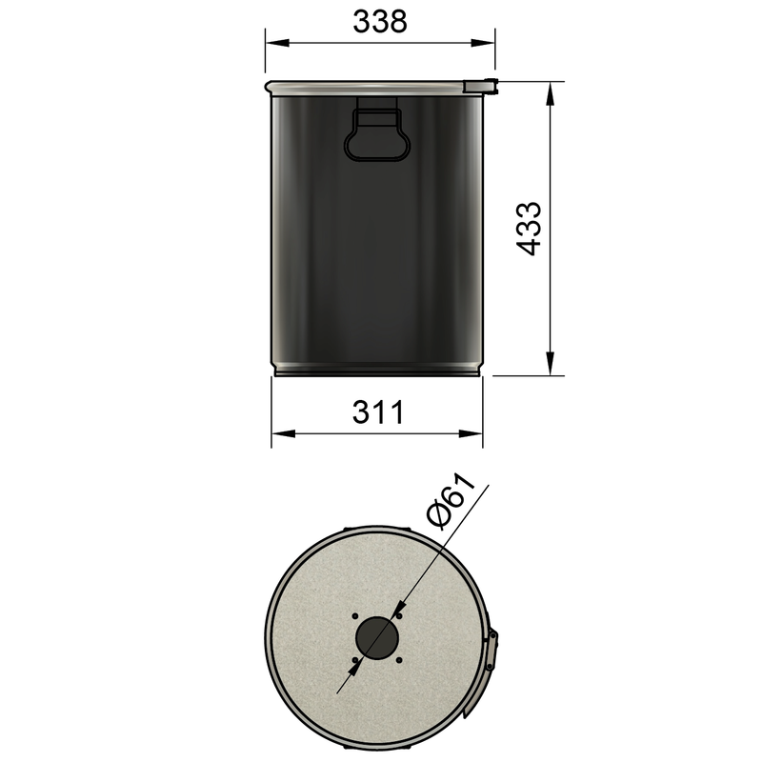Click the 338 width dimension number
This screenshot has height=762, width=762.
[379, 22]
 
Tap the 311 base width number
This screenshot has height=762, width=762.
[378, 412]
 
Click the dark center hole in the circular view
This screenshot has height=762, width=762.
[378, 637]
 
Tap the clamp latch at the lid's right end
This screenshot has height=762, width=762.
[481, 86]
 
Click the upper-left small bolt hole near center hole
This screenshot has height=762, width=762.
[354, 614]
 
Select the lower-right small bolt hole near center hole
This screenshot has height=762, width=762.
[401, 661]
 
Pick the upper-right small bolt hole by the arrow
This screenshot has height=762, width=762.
[401, 614]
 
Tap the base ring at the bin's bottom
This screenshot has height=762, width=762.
[377, 371]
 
